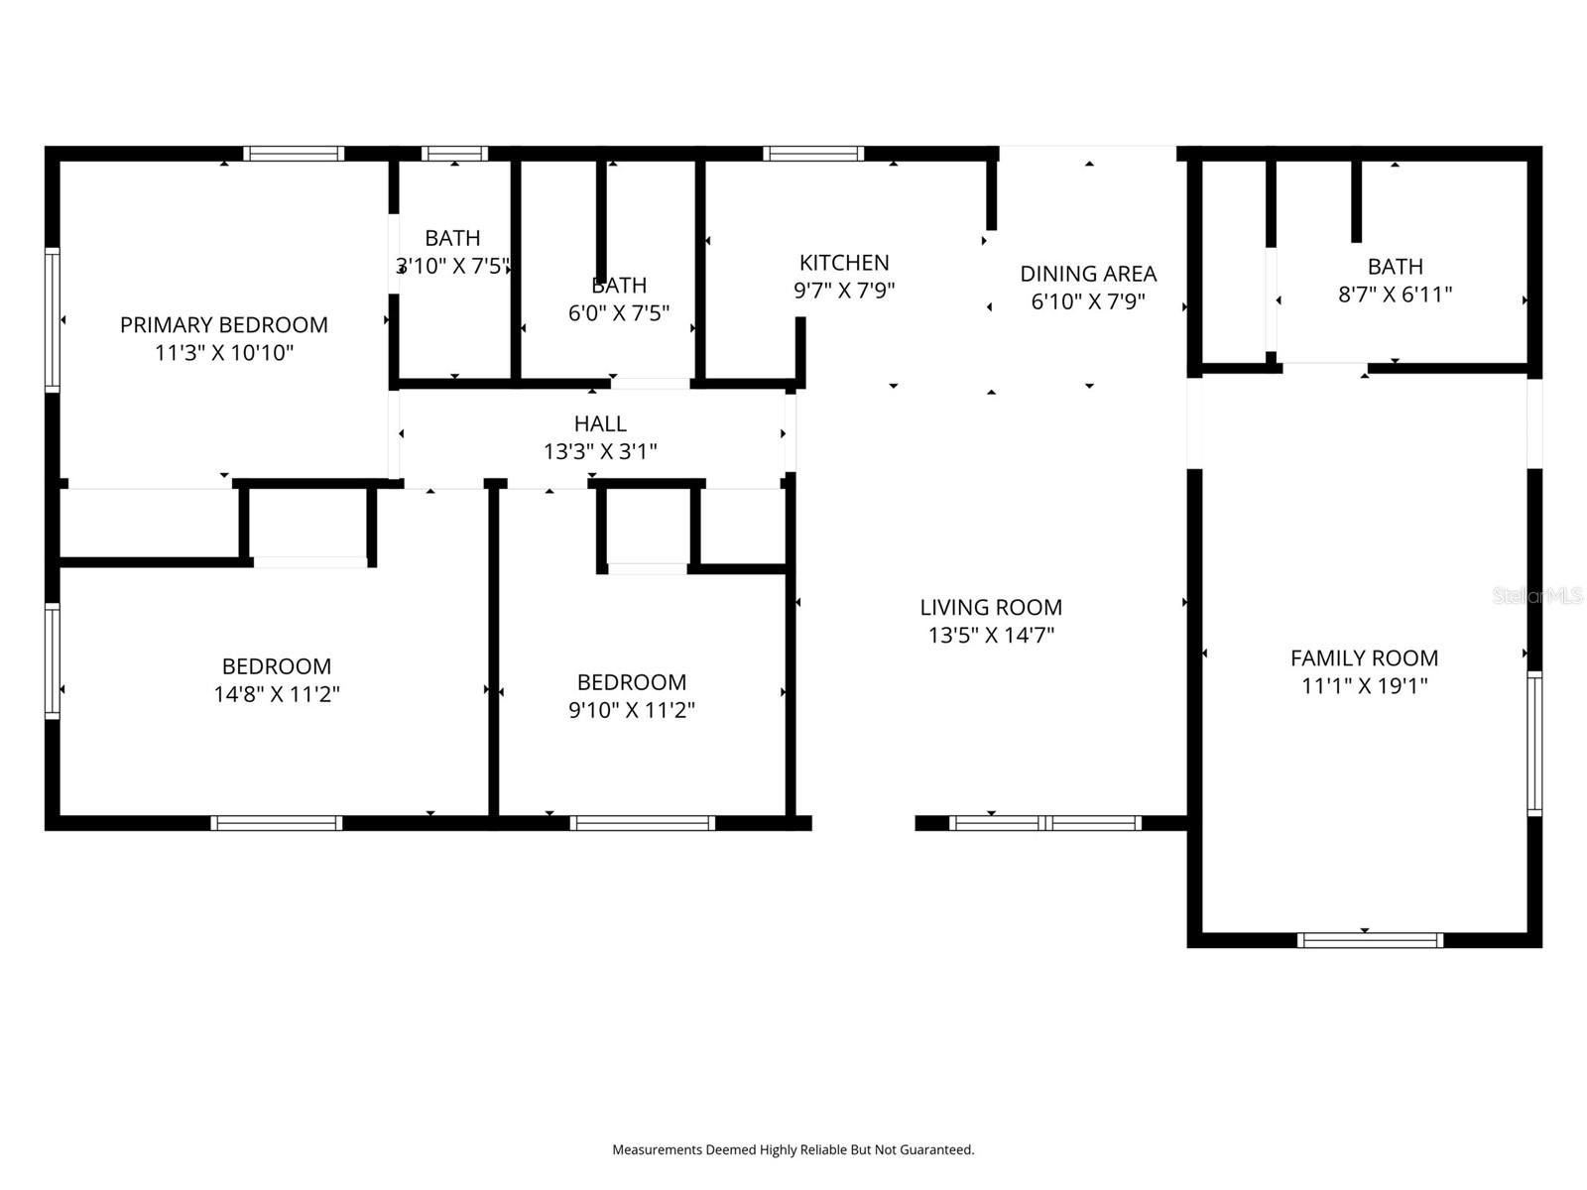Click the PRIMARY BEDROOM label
(223, 324)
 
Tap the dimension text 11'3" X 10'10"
(224, 352)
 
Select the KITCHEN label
(844, 263)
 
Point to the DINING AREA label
(1088, 274)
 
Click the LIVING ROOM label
(990, 607)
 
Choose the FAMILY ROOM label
(1364, 657)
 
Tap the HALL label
(600, 423)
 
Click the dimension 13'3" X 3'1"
(600, 451)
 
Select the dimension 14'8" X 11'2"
(277, 694)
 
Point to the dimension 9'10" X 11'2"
(631, 710)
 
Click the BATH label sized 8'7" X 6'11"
(1395, 267)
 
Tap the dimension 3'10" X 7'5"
(453, 266)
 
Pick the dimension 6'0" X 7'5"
(619, 313)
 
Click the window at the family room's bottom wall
(1370, 940)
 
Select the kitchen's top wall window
(813, 154)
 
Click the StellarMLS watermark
(1537, 596)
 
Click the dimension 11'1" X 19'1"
(1364, 685)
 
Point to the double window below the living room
(1045, 823)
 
